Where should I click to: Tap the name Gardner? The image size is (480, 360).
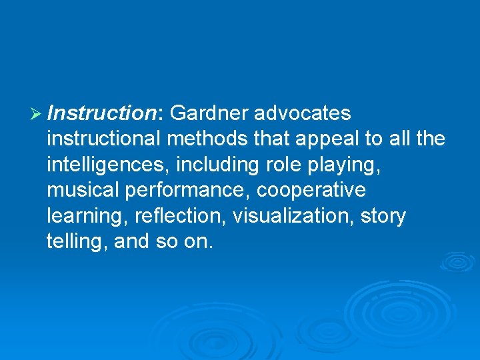point(209,113)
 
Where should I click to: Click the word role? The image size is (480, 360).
point(287,165)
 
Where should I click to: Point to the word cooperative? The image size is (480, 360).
point(311,190)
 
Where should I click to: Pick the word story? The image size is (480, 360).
point(383,216)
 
